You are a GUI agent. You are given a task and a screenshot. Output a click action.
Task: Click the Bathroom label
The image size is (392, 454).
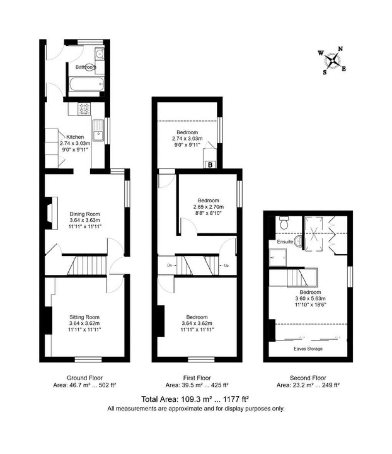click(85, 67)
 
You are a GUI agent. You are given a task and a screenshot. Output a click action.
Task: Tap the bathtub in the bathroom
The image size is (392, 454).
click(86, 83)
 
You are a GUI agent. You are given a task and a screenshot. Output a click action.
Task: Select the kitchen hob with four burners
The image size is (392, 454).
click(84, 108)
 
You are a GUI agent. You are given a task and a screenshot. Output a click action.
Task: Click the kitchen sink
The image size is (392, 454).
click(98, 130)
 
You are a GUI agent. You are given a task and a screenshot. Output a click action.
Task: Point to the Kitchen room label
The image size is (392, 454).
click(75, 137)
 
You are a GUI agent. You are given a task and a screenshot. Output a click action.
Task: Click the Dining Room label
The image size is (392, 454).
click(85, 214)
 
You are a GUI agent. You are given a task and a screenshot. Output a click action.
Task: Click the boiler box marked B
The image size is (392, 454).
click(210, 165)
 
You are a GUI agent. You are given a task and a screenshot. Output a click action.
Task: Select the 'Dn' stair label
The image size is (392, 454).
click(169, 265)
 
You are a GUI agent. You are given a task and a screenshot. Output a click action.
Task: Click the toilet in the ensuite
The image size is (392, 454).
click(284, 222)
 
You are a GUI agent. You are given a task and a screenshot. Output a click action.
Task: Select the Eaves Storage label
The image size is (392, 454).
click(308, 349)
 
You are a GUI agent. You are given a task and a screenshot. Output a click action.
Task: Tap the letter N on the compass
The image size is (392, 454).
click(340, 49)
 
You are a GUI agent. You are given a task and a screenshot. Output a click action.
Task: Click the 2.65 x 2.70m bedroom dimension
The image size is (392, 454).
click(208, 207)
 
